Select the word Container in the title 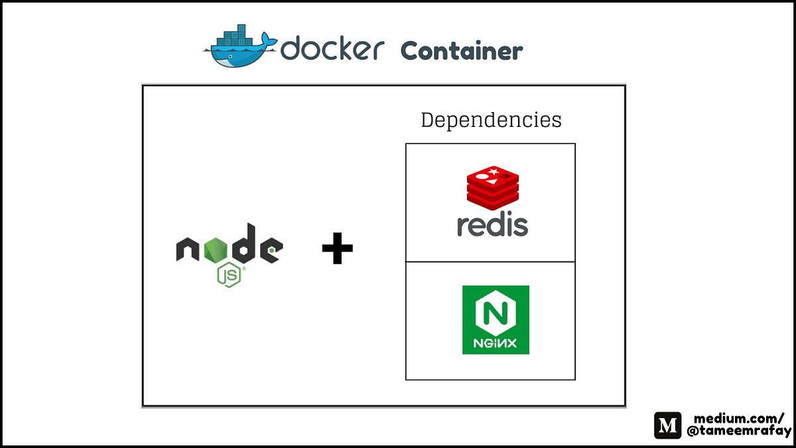(x=462, y=50)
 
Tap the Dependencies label (x=491, y=120)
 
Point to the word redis (x=492, y=224)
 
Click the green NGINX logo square (x=496, y=319)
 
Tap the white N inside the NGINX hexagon (x=496, y=312)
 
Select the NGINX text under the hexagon (x=496, y=344)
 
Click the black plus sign (x=337, y=252)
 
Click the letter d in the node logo (x=243, y=244)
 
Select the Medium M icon (x=668, y=425)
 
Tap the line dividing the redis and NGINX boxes (x=490, y=261)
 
